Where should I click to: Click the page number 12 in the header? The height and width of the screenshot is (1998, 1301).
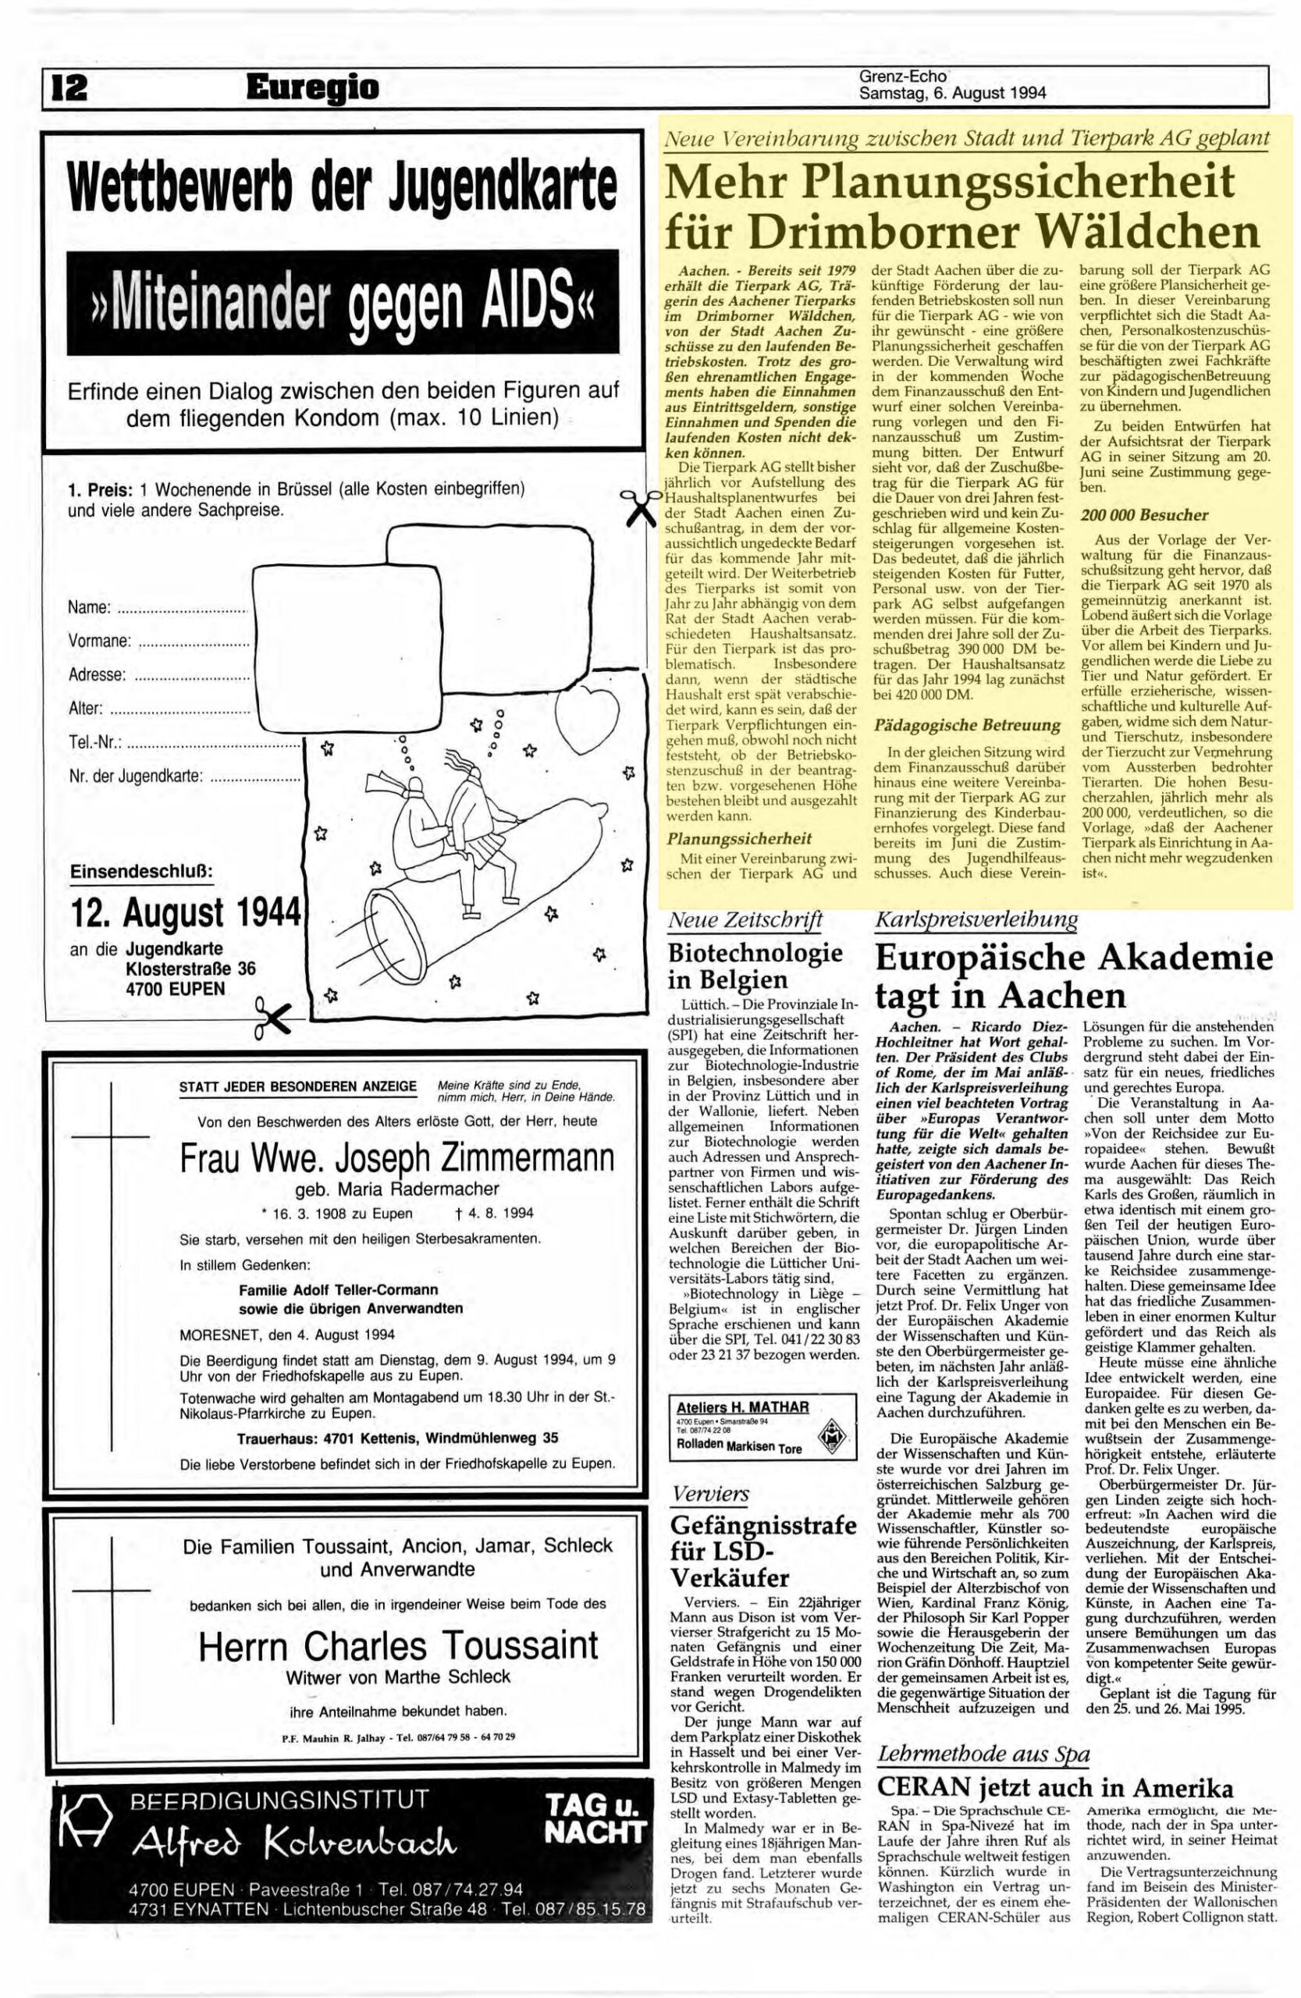(71, 88)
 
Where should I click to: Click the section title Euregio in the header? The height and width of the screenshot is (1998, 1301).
(313, 87)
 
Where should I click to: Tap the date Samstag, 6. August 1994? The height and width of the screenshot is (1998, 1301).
(952, 94)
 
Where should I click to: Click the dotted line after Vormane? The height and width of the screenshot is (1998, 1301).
(193, 642)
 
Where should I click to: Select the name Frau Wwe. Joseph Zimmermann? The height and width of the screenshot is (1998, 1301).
(397, 1161)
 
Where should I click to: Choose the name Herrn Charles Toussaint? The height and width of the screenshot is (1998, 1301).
(399, 1644)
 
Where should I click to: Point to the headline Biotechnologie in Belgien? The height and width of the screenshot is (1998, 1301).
(755, 965)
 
